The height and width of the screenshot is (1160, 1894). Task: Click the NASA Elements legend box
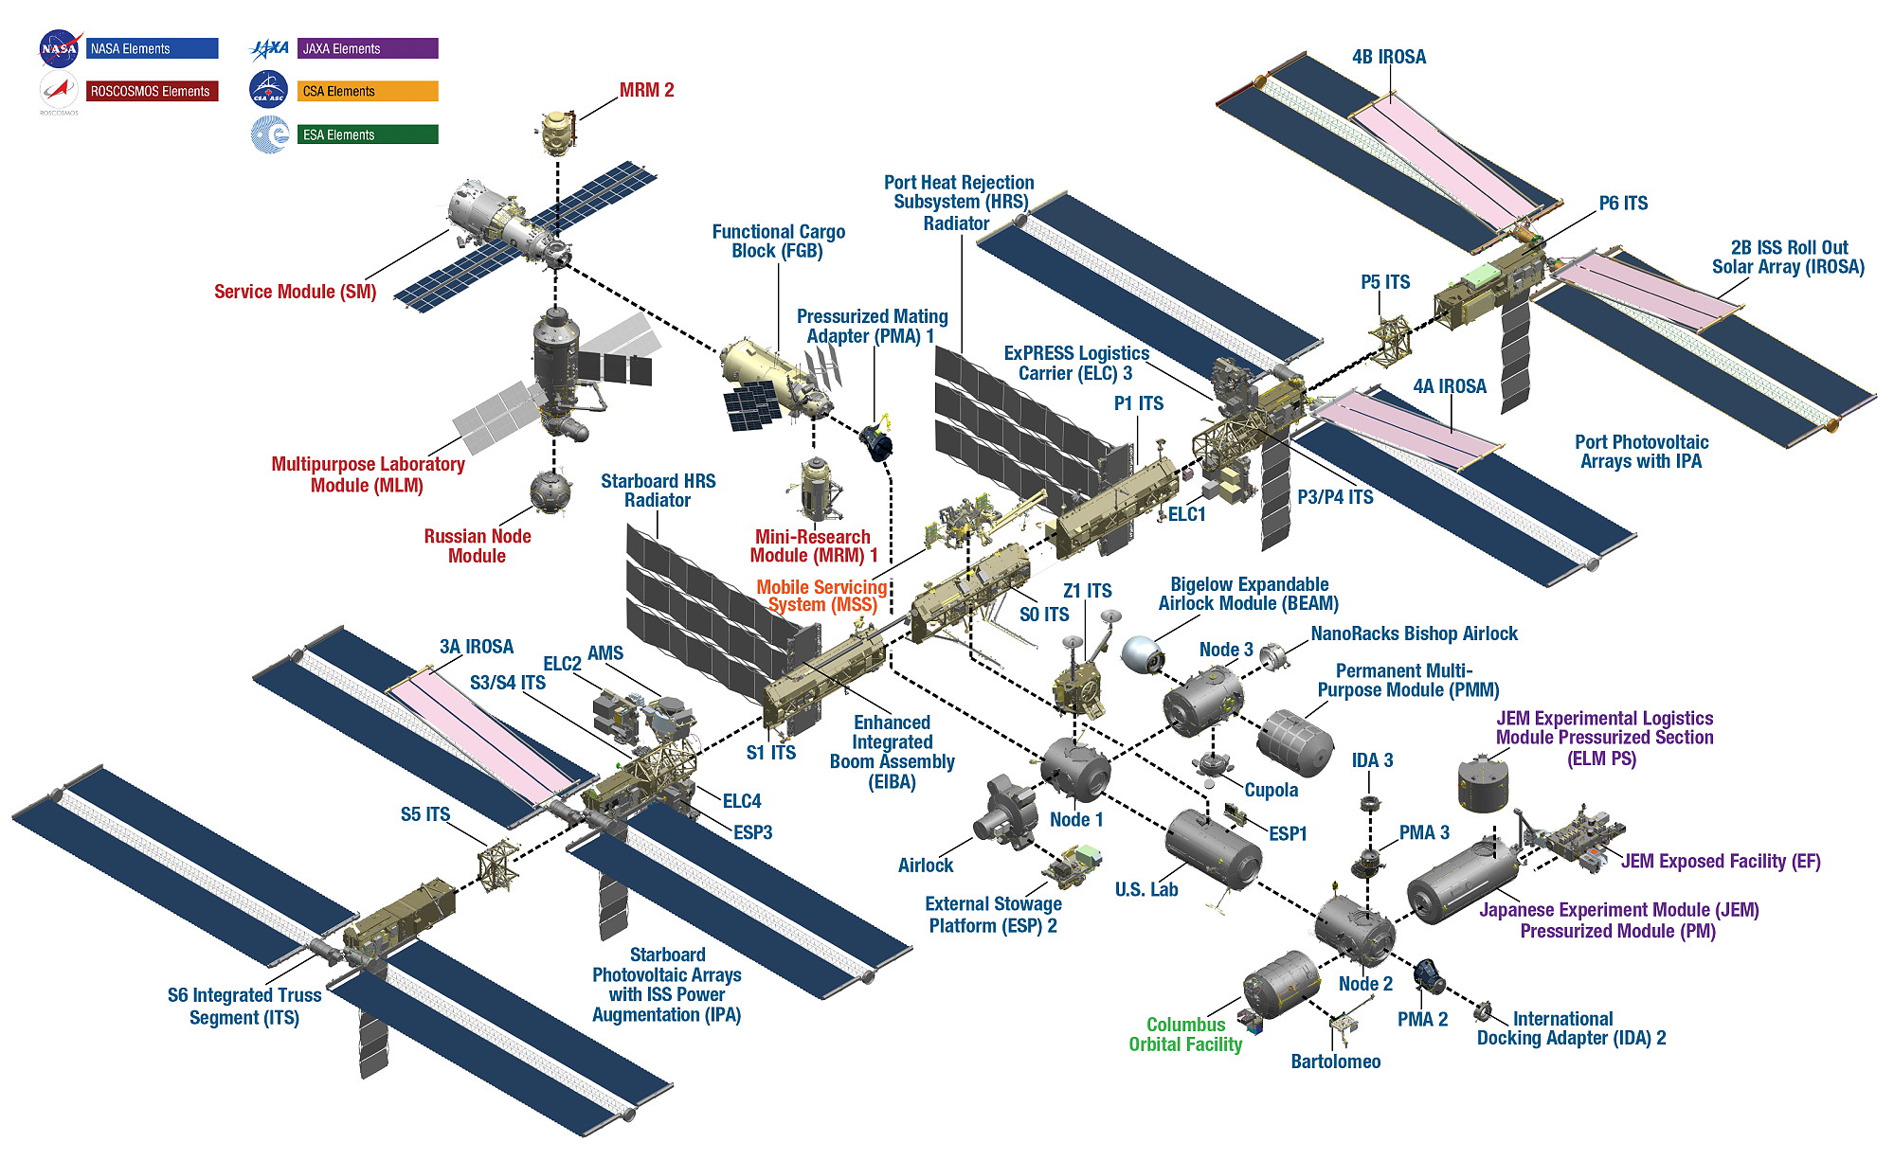[x=152, y=48]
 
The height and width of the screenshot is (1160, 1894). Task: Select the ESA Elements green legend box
[x=368, y=134]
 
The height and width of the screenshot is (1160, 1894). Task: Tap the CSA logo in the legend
[x=268, y=91]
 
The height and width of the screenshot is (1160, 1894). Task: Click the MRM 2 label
[x=646, y=90]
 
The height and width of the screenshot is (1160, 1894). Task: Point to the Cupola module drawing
[x=1213, y=765]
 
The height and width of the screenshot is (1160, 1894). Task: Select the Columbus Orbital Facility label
[x=1185, y=1034]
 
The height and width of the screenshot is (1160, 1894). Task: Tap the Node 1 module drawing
[x=1076, y=769]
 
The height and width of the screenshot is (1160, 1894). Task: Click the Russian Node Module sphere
[x=550, y=491]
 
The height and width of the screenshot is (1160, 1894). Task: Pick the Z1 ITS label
[x=1087, y=591]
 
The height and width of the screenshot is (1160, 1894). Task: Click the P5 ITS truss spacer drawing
[x=1391, y=339]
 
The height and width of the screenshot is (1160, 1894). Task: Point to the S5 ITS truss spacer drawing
[x=498, y=865]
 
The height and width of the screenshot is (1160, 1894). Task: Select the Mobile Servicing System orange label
[x=821, y=596]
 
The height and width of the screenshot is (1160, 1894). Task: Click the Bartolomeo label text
[x=1335, y=1062]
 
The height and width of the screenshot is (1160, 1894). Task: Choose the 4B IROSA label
[x=1388, y=57]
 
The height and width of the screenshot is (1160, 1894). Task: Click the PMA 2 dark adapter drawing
[x=1428, y=975]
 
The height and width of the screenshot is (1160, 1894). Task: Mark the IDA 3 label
[x=1372, y=760]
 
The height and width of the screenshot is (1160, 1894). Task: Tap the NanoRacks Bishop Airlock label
[x=1414, y=634]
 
